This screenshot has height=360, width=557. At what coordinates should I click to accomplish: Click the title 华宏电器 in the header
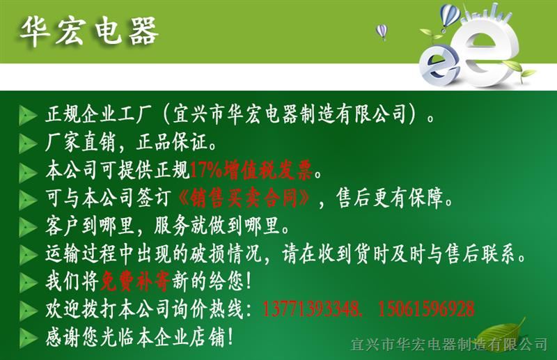[x=89, y=31]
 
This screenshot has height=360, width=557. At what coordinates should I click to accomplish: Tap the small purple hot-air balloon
[x=381, y=31]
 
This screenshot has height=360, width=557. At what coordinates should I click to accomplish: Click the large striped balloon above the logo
[x=450, y=16]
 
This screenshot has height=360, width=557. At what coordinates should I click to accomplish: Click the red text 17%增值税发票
[x=251, y=171]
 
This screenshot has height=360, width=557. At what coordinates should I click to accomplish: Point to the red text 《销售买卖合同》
[x=244, y=198]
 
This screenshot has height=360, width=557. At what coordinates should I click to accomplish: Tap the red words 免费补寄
[x=135, y=281]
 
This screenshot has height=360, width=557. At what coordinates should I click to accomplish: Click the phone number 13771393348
[x=311, y=309]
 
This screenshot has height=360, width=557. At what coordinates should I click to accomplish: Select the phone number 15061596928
[x=426, y=309]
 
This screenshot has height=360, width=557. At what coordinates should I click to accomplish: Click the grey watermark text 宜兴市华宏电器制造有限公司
[x=449, y=344]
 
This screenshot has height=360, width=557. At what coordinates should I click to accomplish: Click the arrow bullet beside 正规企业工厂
[x=28, y=115]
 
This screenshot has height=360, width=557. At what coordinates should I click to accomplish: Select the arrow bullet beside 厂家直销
[x=28, y=143]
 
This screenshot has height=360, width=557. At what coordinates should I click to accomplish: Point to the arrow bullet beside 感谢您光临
[x=28, y=338]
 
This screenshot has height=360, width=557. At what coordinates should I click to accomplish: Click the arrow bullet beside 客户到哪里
[x=28, y=227]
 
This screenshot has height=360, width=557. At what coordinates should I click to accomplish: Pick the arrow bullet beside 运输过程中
[x=28, y=254]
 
